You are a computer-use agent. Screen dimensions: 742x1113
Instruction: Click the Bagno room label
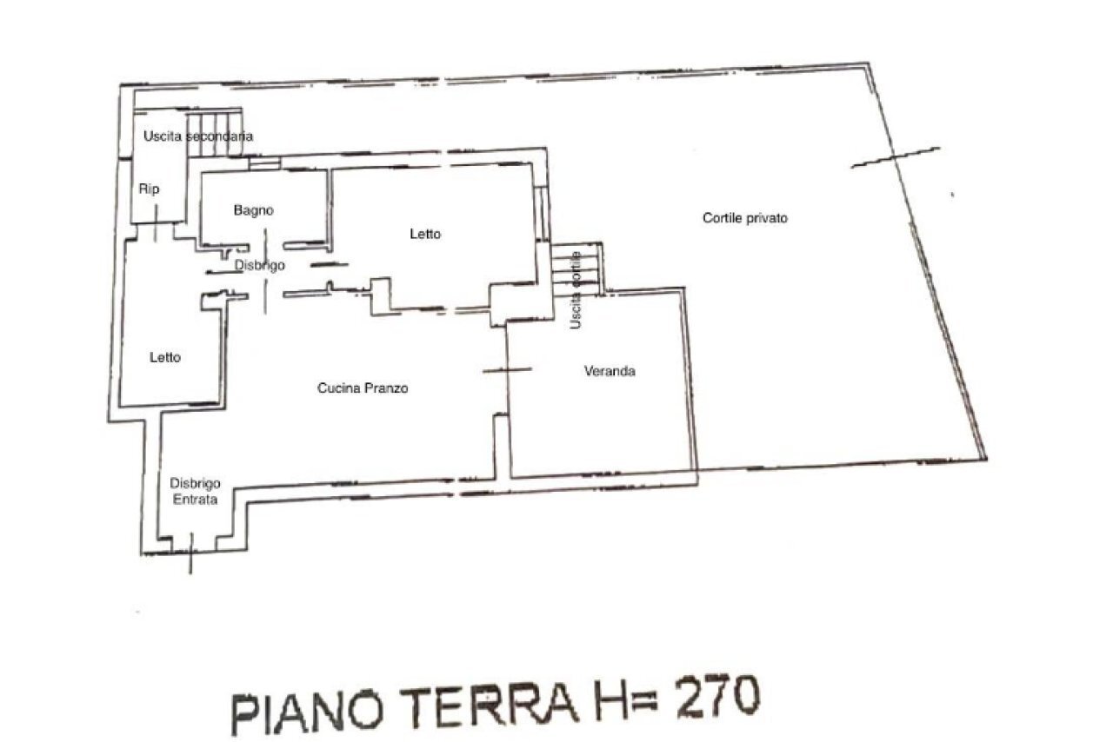coord(253,210)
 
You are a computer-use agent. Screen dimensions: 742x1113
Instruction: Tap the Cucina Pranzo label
coord(362,388)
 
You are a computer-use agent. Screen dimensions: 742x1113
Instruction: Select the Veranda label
coord(609,371)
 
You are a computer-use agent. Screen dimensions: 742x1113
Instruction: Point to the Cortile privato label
coord(744,218)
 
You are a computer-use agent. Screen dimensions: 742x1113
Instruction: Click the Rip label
coord(150,189)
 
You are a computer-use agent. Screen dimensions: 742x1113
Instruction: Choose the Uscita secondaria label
coord(198,136)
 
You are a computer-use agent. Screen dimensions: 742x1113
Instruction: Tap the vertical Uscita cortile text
coord(575,290)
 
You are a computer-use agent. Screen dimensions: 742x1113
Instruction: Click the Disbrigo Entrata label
coord(195,492)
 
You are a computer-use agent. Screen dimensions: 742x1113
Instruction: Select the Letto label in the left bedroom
coord(164,357)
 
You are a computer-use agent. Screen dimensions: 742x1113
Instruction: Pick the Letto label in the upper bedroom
coord(425,234)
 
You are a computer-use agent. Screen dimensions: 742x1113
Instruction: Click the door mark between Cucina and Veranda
coord(507,371)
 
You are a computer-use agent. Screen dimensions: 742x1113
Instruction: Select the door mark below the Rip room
coord(156,231)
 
